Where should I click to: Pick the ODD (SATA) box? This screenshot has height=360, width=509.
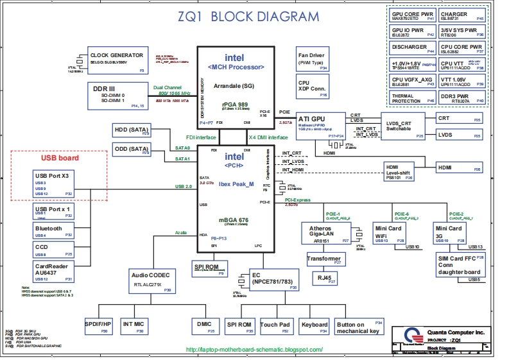(131, 151)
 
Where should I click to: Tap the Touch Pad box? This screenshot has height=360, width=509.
(276, 328)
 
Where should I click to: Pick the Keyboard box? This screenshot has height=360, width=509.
(315, 328)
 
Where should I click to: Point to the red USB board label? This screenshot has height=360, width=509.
(60, 158)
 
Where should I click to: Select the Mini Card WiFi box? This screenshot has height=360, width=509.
(389, 234)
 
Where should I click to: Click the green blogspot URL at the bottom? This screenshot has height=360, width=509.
(254, 349)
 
